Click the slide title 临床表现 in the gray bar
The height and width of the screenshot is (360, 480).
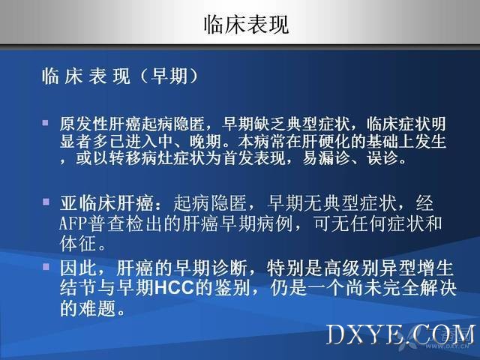(247, 25)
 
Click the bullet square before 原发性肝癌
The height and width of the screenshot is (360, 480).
(46, 123)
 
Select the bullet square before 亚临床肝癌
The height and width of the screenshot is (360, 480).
(46, 202)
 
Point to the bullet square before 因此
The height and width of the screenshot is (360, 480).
(46, 267)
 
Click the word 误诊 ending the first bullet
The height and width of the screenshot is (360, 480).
(383, 158)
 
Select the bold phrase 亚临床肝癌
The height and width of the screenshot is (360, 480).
(106, 203)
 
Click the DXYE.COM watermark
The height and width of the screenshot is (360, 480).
(401, 334)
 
